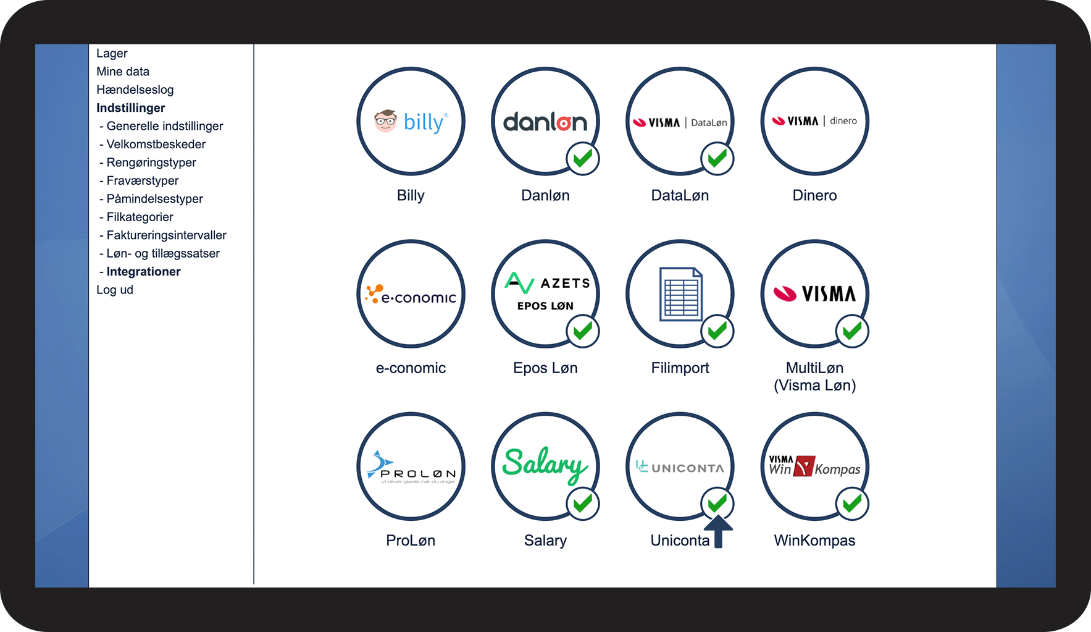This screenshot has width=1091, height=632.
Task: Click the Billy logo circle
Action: pyautogui.click(x=411, y=121)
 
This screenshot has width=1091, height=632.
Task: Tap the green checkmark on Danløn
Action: pyautogui.click(x=582, y=159)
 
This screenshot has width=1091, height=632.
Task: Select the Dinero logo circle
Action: pyautogui.click(x=814, y=121)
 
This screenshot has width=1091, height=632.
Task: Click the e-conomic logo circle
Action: pyautogui.click(x=411, y=294)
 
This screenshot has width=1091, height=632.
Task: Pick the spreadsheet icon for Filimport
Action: pyautogui.click(x=680, y=294)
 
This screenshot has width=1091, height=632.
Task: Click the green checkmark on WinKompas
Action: pyautogui.click(x=852, y=503)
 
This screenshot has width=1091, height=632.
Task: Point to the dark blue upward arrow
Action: pyautogui.click(x=718, y=531)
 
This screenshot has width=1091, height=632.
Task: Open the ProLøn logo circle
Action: pyautogui.click(x=411, y=466)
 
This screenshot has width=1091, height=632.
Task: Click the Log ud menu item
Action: pyautogui.click(x=115, y=290)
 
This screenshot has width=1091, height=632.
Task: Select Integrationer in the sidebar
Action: pyautogui.click(x=143, y=272)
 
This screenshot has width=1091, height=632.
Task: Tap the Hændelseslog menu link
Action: pyautogui.click(x=135, y=90)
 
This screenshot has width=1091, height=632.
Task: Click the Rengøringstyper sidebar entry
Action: pyautogui.click(x=151, y=162)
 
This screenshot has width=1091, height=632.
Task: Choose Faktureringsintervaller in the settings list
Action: pyautogui.click(x=166, y=235)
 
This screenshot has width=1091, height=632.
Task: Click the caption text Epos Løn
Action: pyautogui.click(x=545, y=368)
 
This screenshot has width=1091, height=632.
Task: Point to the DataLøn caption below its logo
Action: pyautogui.click(x=680, y=196)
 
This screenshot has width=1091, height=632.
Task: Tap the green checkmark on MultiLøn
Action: pyautogui.click(x=852, y=331)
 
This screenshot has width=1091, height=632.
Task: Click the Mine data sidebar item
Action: pyautogui.click(x=123, y=72)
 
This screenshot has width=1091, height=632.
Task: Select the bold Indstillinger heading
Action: pyautogui.click(x=131, y=108)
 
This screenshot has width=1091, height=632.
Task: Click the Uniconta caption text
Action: pyautogui.click(x=680, y=541)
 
